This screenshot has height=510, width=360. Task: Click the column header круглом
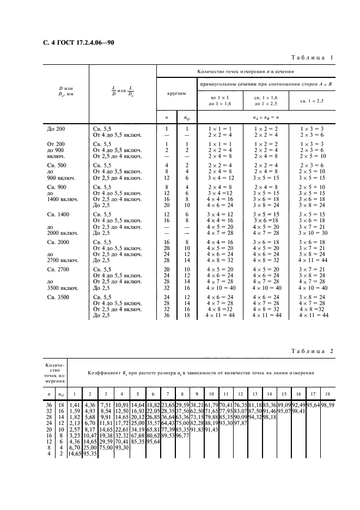click(x=176, y=93)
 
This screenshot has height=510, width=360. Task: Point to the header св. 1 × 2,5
click(x=313, y=101)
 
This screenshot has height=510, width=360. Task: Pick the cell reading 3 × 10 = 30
click(x=312, y=233)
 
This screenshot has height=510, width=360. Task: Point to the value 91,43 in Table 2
click(x=212, y=429)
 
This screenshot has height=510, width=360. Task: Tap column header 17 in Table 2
click(x=313, y=393)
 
